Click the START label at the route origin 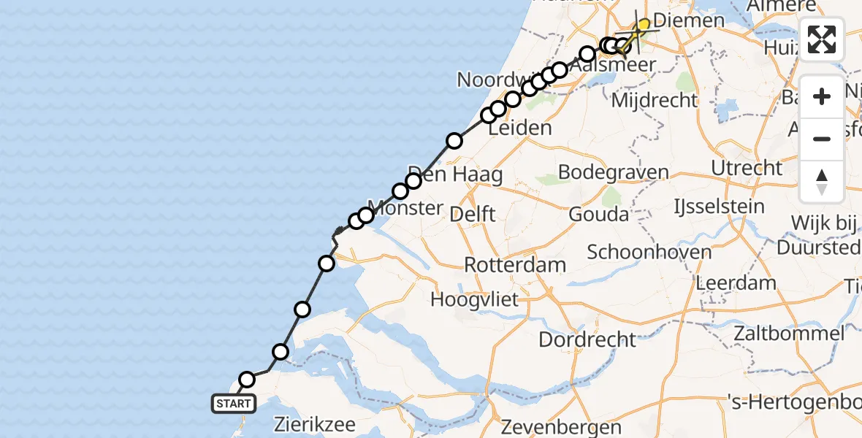point(234,403)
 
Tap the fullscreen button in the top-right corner point(822,39)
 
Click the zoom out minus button point(822,139)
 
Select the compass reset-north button point(822,181)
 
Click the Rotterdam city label point(506,264)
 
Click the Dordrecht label point(588,339)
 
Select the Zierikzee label point(305,423)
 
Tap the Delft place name point(473,214)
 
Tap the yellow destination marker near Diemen point(643,25)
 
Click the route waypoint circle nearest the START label point(247,380)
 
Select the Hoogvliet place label point(475,299)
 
